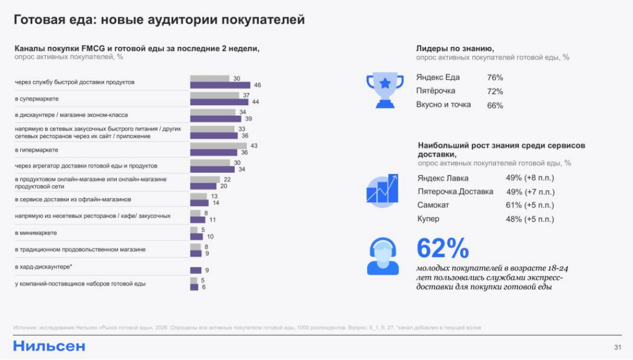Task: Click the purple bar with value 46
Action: pyautogui.click(x=220, y=86)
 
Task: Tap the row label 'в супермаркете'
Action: pyautogui.click(x=37, y=99)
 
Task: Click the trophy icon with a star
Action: pyautogui.click(x=384, y=90)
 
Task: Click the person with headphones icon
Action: pyautogui.click(x=382, y=257)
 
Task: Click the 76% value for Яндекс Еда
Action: pyautogui.click(x=495, y=77)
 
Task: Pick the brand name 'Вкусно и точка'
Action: pyautogui.click(x=443, y=105)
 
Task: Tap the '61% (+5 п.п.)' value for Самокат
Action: pyautogui.click(x=530, y=205)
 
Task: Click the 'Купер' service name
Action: pyautogui.click(x=428, y=219)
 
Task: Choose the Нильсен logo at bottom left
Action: pyautogui.click(x=49, y=346)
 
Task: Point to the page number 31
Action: pyautogui.click(x=617, y=347)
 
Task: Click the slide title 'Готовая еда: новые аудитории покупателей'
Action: pyautogui.click(x=159, y=20)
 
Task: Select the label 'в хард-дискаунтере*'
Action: pyautogui.click(x=43, y=266)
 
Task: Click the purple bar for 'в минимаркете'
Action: pyautogui.click(x=197, y=236)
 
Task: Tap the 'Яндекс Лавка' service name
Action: pyautogui.click(x=443, y=178)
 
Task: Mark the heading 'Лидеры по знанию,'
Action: pyautogui.click(x=454, y=49)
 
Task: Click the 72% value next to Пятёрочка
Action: pyautogui.click(x=495, y=91)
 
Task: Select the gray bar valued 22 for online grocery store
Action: pyautogui.click(x=205, y=180)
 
